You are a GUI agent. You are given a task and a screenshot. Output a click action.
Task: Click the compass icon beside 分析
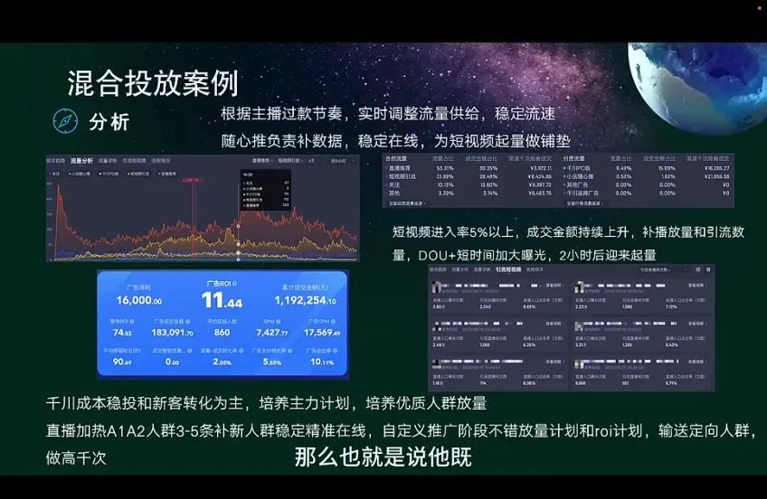[65, 121]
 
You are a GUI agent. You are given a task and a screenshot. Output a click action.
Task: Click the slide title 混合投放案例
[153, 83]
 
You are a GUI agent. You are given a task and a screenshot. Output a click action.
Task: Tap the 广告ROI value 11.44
[221, 300]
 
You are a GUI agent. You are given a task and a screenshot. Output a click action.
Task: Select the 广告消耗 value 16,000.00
[138, 301]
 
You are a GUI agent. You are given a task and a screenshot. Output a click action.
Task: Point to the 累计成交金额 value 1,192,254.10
[303, 301]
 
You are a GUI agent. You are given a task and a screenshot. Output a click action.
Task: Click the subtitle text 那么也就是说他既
[383, 457]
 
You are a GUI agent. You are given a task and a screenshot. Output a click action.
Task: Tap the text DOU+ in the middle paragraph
[413, 254]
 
